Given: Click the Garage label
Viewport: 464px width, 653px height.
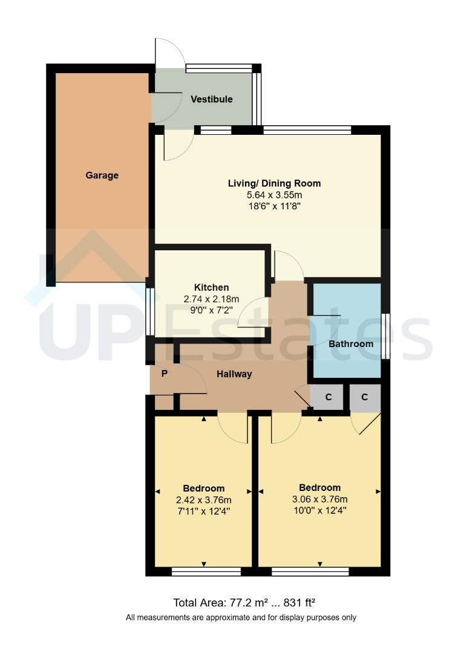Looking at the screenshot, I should (102, 175).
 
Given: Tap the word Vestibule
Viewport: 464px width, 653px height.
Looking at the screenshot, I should (212, 99).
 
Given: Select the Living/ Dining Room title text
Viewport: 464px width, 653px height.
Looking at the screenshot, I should (274, 183).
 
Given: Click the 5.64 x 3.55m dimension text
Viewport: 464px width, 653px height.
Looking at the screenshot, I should (274, 195).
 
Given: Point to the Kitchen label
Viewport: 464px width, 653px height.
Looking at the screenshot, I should (211, 287).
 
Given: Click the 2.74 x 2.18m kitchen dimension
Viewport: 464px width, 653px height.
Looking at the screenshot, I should (211, 299).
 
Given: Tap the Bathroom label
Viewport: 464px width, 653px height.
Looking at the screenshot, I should (351, 343).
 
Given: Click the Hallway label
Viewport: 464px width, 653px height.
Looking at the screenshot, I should (235, 374).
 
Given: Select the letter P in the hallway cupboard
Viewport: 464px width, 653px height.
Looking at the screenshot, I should (164, 374).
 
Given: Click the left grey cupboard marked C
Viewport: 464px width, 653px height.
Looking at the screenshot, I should (328, 397).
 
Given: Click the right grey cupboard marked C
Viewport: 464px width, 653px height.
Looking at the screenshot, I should (365, 397).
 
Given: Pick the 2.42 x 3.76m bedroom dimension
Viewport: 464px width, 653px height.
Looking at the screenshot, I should (204, 499).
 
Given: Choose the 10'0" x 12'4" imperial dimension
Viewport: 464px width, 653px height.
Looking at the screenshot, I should (319, 510).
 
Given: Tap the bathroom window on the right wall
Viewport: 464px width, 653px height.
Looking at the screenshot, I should (385, 336).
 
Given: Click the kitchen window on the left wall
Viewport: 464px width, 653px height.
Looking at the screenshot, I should (149, 311).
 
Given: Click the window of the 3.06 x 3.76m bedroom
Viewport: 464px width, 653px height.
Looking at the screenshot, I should (310, 571).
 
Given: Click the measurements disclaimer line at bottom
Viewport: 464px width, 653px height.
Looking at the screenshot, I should (241, 617).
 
